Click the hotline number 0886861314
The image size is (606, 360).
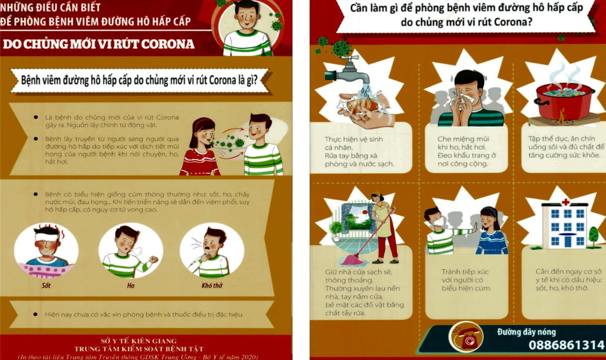(x=566, y=345)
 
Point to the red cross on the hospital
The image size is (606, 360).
(x=565, y=202)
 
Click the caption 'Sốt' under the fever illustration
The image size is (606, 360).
(x=46, y=285)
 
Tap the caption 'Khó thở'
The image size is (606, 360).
(x=212, y=285)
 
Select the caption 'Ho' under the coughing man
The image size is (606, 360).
(x=131, y=286)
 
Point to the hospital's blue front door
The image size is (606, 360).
(x=567, y=241)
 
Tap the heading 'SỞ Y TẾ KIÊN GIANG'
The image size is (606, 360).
(x=138, y=341)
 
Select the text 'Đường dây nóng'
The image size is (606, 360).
(x=526, y=332)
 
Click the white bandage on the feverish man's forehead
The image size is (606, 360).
(x=47, y=237)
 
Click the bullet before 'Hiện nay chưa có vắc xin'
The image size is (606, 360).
(x=35, y=315)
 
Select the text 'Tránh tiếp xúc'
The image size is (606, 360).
(x=465, y=272)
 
